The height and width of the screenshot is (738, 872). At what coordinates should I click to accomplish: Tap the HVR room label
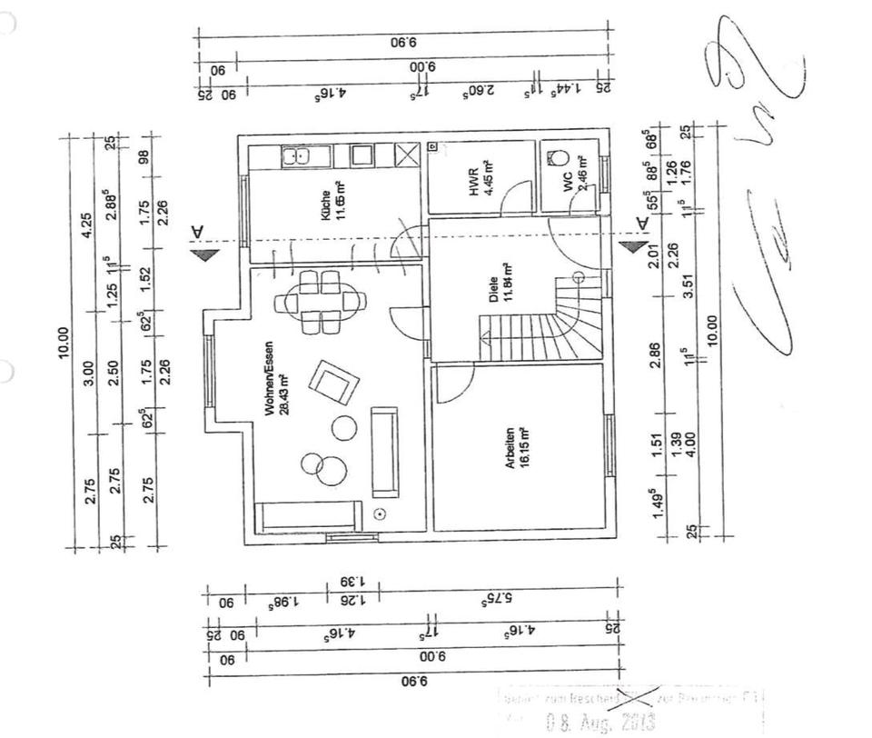point(474,181)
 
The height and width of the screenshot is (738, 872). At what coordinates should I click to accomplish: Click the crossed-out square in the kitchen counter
point(408,155)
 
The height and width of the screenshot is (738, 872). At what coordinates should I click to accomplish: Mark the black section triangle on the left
point(205,254)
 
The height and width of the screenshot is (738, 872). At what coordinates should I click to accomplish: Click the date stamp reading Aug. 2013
point(599,723)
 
